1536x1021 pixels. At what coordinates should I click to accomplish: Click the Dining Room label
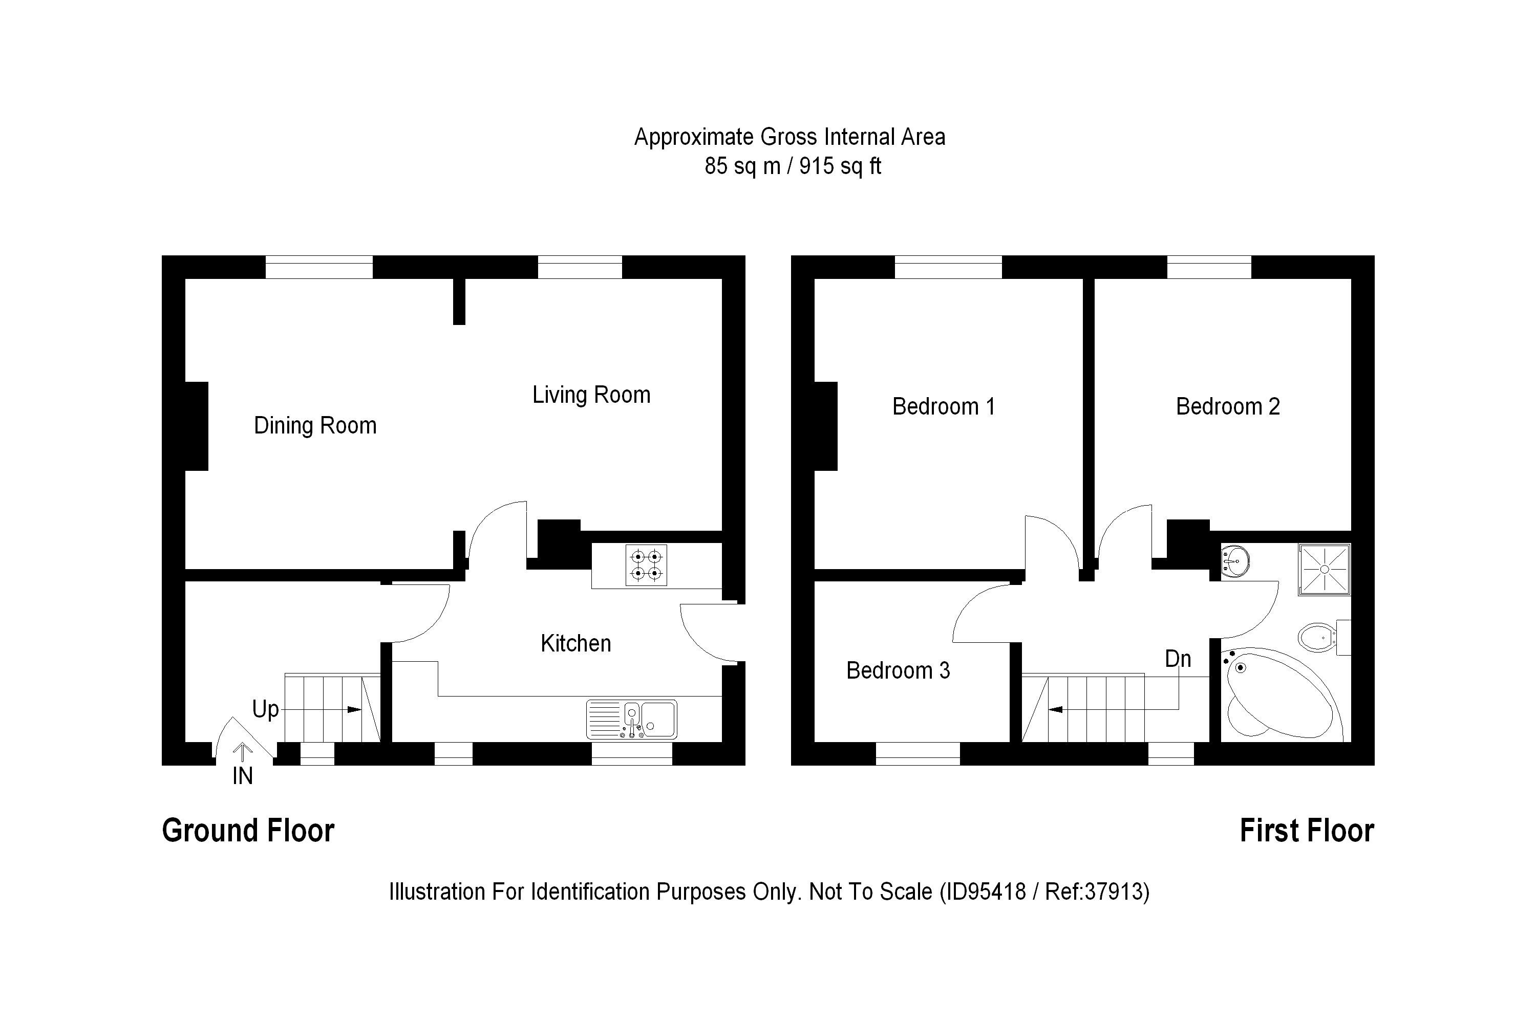pos(315,426)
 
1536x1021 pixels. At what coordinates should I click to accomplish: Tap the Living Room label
pos(591,395)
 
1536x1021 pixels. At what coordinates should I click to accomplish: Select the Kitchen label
pos(576,643)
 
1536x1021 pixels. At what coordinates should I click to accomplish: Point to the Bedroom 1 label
pos(943,407)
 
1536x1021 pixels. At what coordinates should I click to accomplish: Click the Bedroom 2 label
pos(1228,407)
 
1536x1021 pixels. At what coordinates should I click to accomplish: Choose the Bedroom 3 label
pos(898,670)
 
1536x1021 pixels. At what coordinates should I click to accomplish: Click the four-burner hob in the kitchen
pos(646,565)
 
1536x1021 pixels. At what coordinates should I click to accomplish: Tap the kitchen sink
pos(631,719)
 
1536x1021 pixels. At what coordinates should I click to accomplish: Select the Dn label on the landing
pos(1178,659)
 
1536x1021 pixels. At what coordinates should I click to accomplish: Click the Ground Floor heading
pos(248,831)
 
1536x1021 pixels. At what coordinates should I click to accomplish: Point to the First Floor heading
pos(1307,831)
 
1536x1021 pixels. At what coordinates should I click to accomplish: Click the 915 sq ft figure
pos(840,167)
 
